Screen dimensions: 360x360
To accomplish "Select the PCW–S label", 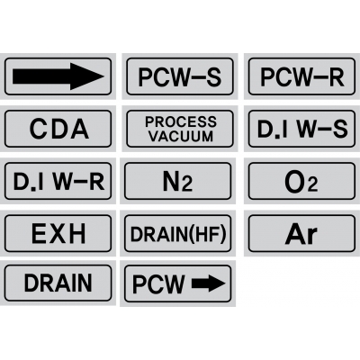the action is click(x=180, y=76).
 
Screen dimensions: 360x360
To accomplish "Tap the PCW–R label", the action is click(x=301, y=76).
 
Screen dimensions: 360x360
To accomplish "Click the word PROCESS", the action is click(x=181, y=121).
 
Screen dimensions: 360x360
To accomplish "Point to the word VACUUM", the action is click(x=181, y=136).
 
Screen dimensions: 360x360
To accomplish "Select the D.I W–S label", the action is click(x=301, y=129).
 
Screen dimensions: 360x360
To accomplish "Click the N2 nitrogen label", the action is click(x=177, y=181).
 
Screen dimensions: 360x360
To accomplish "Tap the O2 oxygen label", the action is click(x=301, y=181).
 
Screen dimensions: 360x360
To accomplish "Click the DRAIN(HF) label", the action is click(x=177, y=233).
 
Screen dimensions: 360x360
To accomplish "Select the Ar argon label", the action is click(x=301, y=233).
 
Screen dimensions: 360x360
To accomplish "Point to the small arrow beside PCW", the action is click(x=208, y=283).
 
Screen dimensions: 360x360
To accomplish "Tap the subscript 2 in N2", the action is click(x=187, y=184).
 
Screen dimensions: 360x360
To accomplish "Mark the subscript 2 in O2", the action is click(x=312, y=184).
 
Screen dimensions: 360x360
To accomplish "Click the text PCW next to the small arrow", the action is click(x=158, y=283).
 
